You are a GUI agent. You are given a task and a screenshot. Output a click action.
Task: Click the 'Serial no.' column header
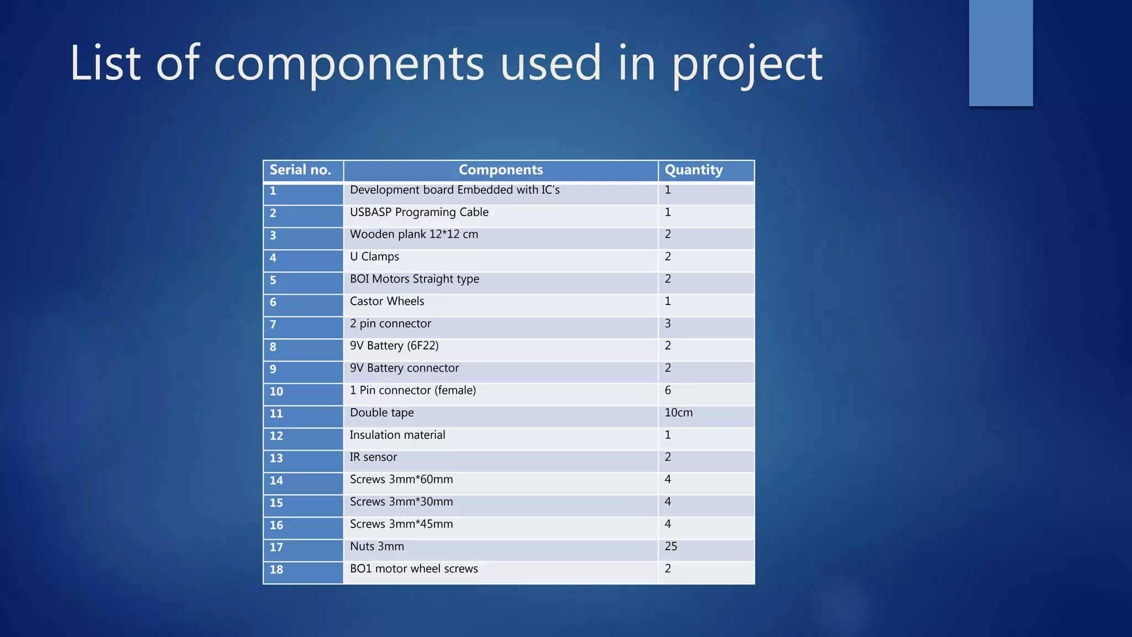click(x=300, y=170)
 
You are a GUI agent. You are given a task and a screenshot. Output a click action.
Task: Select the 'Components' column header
click(x=501, y=170)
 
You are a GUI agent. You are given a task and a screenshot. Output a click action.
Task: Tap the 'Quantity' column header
click(x=694, y=170)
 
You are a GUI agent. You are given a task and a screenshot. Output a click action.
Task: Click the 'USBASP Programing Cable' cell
click(x=419, y=212)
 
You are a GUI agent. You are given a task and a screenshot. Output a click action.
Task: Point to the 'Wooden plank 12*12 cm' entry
click(x=414, y=234)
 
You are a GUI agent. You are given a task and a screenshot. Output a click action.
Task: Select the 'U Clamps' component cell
click(x=374, y=257)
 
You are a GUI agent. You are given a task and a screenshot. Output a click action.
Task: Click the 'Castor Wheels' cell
click(x=387, y=301)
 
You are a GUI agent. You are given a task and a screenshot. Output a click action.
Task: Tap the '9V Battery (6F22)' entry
click(x=394, y=346)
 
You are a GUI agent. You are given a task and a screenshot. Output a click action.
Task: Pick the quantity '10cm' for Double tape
click(x=678, y=413)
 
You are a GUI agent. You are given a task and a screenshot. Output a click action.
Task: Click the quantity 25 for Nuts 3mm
click(x=671, y=547)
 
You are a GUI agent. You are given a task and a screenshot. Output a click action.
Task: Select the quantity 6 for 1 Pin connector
click(x=668, y=390)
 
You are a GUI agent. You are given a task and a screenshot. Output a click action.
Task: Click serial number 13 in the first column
click(x=276, y=458)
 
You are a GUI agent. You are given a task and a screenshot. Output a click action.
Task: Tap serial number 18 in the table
click(x=276, y=570)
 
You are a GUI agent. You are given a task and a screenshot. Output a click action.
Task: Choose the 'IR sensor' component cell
click(x=373, y=457)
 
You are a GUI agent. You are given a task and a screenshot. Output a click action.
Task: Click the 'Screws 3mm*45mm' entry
click(x=401, y=524)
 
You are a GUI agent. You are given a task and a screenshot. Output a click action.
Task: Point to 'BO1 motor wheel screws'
click(x=413, y=569)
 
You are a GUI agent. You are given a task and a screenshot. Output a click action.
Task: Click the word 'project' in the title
click(x=747, y=64)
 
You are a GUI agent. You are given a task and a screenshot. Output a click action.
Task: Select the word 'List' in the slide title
click(x=105, y=63)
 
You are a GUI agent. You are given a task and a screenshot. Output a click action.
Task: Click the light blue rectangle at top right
click(x=1000, y=53)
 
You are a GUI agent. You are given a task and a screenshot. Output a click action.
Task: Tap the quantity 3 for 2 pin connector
click(x=668, y=323)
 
